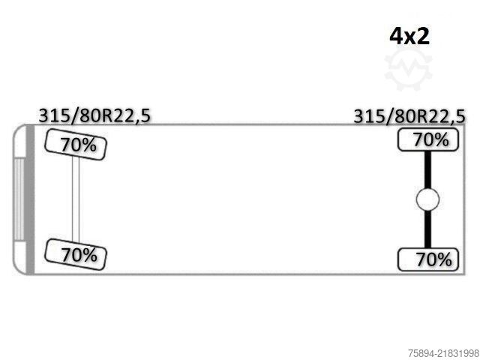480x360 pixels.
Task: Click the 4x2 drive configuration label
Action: click(x=409, y=37)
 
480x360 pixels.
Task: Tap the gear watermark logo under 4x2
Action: click(x=408, y=69)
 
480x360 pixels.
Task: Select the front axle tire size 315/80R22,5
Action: click(x=94, y=116)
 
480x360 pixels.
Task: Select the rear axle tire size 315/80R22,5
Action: click(x=409, y=117)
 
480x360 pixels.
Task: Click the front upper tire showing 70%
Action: click(x=76, y=145)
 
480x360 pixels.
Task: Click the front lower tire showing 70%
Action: click(x=76, y=254)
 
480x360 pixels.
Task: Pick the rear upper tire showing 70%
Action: click(x=428, y=139)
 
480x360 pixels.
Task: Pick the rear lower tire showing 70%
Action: click(x=428, y=259)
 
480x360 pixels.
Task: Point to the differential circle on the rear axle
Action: click(x=427, y=199)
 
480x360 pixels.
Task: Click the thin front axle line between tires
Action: click(x=76, y=199)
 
